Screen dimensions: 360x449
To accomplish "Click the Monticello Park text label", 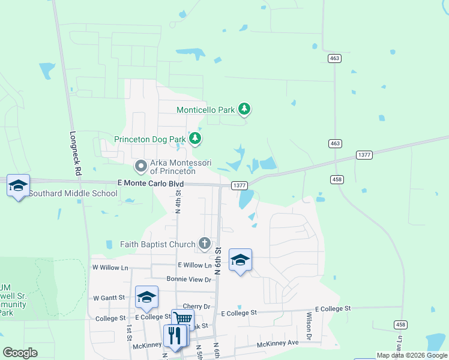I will (205, 110).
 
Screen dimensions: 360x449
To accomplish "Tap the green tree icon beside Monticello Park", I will (244, 109).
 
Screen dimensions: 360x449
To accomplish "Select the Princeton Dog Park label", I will (150, 140).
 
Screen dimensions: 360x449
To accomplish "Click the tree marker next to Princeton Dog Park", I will (194, 139).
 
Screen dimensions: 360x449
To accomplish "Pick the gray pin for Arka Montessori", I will (141, 164).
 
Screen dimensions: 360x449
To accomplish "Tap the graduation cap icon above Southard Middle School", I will (18, 185).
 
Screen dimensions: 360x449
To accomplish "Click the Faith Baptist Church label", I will (158, 244).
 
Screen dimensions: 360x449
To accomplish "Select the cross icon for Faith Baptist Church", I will (205, 244).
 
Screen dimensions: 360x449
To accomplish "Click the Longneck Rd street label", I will (75, 153).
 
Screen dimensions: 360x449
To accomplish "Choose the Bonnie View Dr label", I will (189, 280).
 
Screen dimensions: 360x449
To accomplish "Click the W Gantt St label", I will (109, 298).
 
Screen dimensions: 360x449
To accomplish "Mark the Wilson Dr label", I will (309, 326).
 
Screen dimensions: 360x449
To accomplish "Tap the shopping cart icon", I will (182, 319).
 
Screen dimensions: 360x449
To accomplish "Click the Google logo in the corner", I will (20, 353).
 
